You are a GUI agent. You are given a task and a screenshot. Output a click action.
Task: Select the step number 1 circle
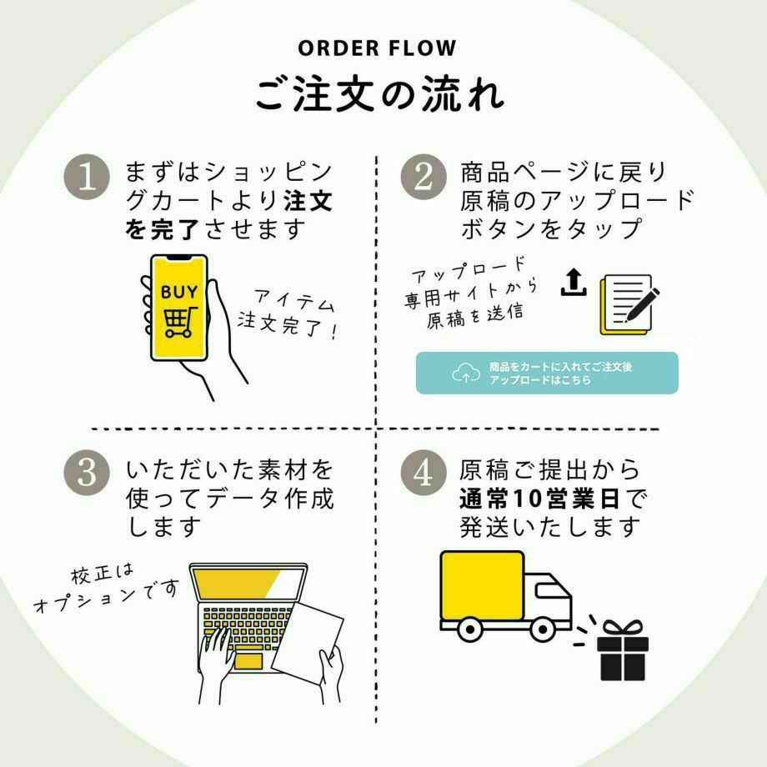point(88,178)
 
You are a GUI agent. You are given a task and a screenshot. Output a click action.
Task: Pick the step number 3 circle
point(88,472)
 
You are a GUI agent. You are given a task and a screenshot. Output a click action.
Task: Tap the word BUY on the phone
point(179,292)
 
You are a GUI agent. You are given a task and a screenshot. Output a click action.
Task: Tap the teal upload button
point(547,373)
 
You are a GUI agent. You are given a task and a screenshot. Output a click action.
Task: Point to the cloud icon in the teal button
point(466,373)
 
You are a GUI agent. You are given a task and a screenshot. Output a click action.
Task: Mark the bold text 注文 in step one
point(308,201)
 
